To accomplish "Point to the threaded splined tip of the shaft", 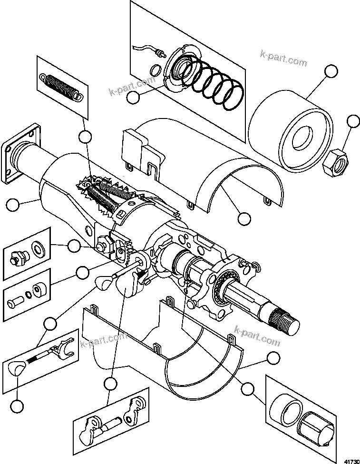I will (x=285, y=320).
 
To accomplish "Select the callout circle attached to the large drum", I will (x=331, y=72).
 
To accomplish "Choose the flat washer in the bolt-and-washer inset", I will (x=37, y=249).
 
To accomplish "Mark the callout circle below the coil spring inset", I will (x=85, y=137).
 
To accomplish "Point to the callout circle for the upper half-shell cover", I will (x=243, y=218).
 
